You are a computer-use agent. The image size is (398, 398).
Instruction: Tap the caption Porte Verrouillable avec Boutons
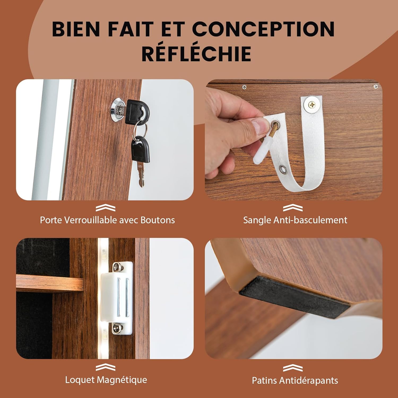point(107,220)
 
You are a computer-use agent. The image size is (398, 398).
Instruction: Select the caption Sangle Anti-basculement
point(295,220)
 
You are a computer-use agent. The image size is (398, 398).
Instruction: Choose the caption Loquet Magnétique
point(106,380)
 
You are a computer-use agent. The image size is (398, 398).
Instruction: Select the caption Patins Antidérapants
point(295,380)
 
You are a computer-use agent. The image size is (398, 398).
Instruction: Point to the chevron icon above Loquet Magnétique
point(106,367)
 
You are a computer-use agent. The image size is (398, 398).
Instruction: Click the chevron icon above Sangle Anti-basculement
point(293,208)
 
